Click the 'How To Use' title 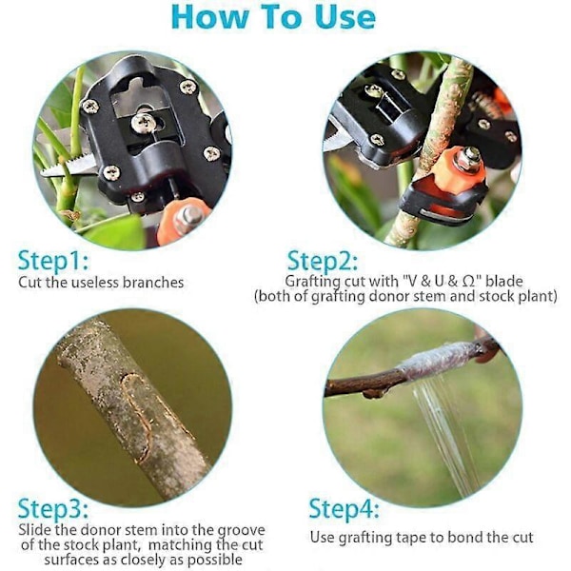[273, 16]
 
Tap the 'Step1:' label [53, 261]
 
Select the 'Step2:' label [323, 261]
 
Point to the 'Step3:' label [53, 508]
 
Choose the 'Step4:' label [345, 508]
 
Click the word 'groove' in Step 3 [242, 531]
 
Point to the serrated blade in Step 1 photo [68, 165]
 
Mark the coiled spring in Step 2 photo [484, 103]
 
